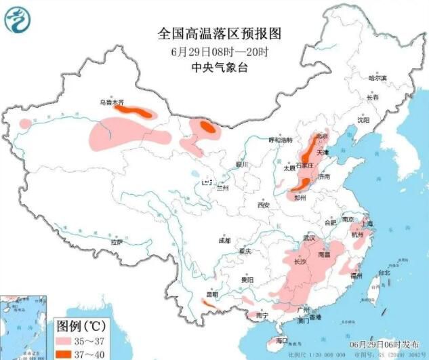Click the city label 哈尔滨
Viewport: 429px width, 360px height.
[x=377, y=79]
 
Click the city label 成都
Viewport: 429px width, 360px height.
[x=224, y=241]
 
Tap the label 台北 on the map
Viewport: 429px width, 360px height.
[x=384, y=273]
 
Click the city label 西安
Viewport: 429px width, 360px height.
[x=264, y=205]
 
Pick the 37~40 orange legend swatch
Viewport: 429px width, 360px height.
[x=66, y=353]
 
